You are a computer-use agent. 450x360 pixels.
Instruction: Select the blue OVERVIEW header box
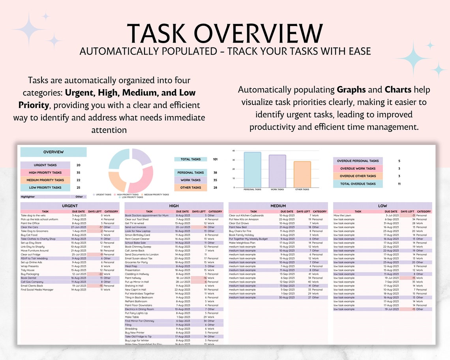(x=53, y=152)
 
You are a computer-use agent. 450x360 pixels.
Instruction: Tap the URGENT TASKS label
(x=45, y=165)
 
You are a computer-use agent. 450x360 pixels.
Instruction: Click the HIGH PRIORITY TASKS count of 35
(x=78, y=172)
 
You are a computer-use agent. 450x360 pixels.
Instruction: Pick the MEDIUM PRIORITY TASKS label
(x=45, y=180)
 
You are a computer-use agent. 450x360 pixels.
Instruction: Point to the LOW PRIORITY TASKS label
(x=45, y=187)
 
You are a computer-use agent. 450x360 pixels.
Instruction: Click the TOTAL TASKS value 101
(x=215, y=159)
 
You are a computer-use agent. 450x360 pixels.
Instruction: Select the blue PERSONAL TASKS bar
(x=252, y=170)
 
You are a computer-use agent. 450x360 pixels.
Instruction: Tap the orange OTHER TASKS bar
(x=302, y=174)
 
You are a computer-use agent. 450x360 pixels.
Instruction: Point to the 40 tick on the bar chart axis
(x=234, y=151)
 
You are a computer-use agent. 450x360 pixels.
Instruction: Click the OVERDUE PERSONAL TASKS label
(x=358, y=161)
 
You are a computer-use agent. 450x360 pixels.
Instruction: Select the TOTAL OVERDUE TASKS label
(x=358, y=184)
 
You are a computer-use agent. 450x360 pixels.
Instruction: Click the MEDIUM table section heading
(x=278, y=206)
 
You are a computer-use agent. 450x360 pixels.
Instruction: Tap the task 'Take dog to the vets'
(x=33, y=216)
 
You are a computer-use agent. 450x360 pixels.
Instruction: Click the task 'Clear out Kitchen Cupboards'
(x=246, y=216)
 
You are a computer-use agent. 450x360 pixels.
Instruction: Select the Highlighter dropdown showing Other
(x=80, y=197)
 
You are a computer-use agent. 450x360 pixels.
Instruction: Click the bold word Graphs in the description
(x=351, y=90)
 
